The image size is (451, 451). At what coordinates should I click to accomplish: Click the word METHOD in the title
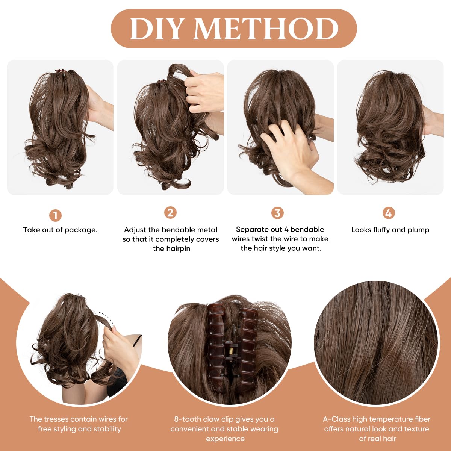tap(266, 29)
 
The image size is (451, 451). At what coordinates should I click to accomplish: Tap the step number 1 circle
tap(55, 215)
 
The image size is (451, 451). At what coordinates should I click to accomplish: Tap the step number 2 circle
tap(170, 213)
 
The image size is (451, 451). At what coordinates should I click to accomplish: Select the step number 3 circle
tap(277, 213)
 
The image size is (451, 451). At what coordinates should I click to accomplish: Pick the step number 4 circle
tap(388, 213)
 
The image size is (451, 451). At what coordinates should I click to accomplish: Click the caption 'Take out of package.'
tap(60, 230)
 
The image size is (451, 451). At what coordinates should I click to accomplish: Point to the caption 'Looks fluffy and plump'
tap(390, 230)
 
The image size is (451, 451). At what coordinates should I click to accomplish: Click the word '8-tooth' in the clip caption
tap(187, 419)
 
